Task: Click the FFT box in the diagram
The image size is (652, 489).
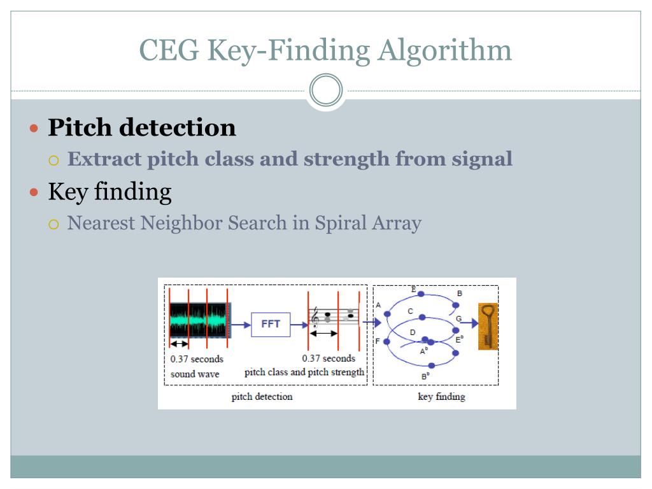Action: point(271,324)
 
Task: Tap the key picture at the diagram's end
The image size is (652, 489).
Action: point(488,326)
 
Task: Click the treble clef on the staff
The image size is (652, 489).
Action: point(315,318)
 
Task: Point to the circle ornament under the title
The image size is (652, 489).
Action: point(326,91)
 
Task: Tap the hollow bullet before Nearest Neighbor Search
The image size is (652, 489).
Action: point(54,224)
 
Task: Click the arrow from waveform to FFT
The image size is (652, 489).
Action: point(241,325)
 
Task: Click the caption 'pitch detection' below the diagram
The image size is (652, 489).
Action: point(262,397)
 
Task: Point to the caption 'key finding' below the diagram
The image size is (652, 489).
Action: point(441,397)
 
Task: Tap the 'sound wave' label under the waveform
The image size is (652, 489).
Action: point(195,374)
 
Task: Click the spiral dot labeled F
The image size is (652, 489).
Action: point(386,342)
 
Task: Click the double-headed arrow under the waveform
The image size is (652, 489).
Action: point(180,343)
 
